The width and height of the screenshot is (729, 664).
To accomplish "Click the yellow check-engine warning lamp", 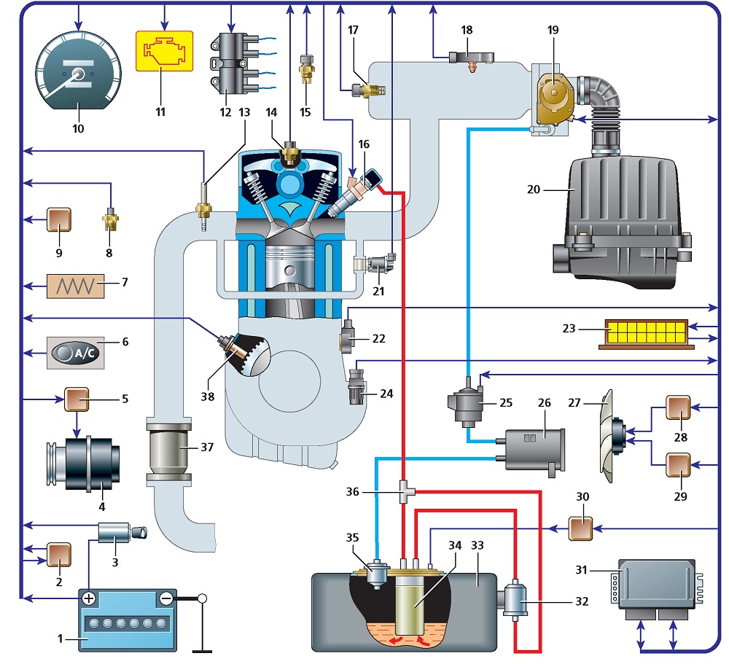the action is pos(164,51).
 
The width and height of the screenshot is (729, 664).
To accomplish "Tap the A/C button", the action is pos(75,353).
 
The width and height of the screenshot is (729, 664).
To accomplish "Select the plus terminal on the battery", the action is pos(88,598).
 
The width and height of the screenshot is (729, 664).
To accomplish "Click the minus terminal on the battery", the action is pos(166,598).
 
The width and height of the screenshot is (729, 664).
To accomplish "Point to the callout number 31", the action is pos(581,569).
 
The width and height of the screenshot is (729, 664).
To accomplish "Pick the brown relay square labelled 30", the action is pos(581,528).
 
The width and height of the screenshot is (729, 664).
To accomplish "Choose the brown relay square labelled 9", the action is pos(59,219).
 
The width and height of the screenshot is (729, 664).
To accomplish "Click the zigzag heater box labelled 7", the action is pos(75,286).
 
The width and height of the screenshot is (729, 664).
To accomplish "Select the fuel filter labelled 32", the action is pos(515,600).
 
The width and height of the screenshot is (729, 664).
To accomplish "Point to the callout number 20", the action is pos(534,190).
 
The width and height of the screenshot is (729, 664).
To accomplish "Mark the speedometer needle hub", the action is pos(79,74).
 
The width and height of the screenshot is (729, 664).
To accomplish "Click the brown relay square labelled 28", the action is pos(678,407).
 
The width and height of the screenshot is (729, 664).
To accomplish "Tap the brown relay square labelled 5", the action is pos(77,399).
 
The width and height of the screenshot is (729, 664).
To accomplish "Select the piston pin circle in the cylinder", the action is pos(289,270).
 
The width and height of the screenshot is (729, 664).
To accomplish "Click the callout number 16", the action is pos(364,144).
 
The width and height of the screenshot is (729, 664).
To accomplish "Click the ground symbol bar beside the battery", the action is pos(202,651).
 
